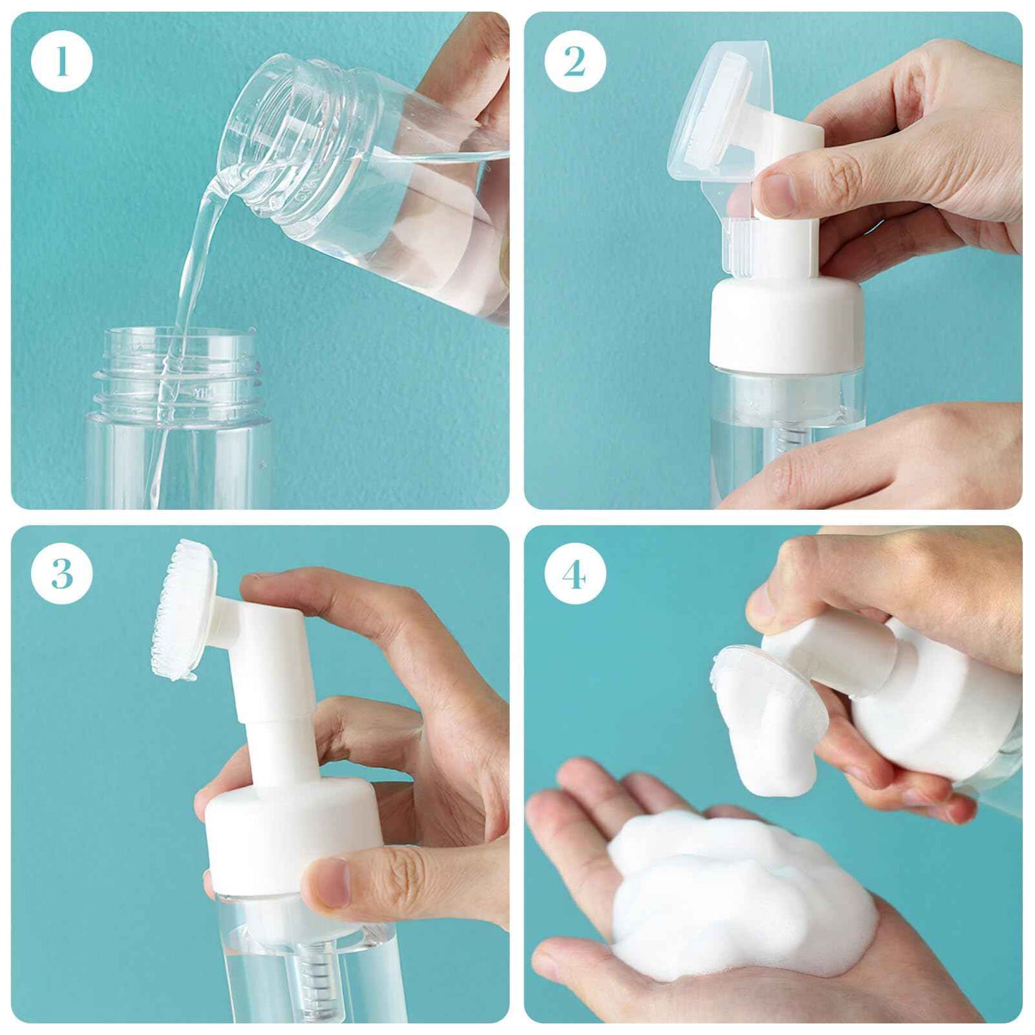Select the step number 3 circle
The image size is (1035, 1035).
coord(62,574)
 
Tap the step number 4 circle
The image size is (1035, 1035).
coord(574,574)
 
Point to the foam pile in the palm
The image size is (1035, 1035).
coord(738,895)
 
